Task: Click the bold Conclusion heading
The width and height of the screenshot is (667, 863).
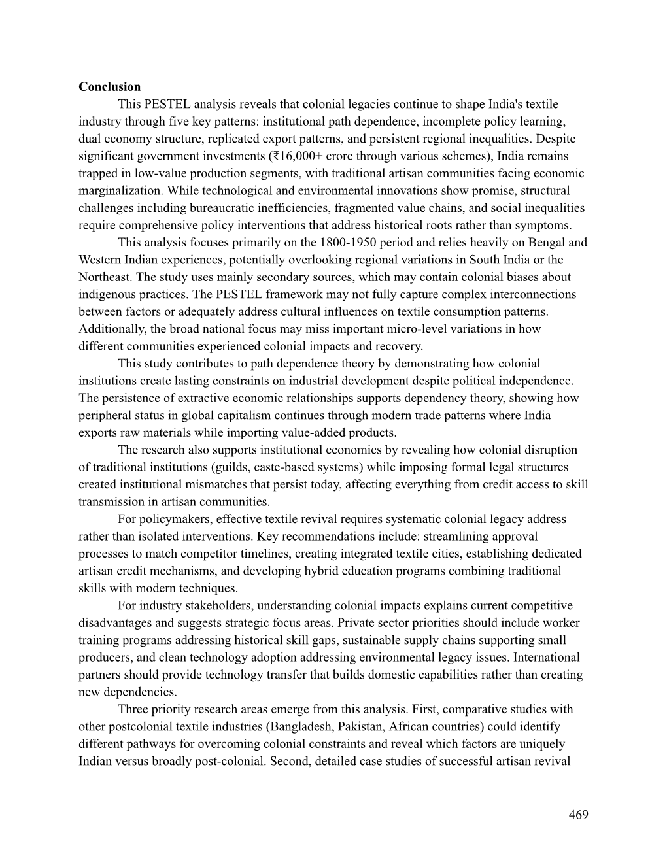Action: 109,87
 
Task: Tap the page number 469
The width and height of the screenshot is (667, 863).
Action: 578,815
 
